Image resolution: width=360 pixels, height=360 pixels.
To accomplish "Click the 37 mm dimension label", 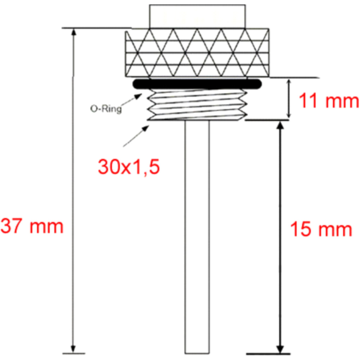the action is coord(32,226).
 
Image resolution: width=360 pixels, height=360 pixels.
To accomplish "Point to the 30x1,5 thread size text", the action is coord(129,167).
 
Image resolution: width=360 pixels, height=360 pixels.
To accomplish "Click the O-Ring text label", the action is coord(106,109).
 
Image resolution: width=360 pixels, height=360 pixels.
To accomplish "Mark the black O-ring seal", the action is coord(197,84).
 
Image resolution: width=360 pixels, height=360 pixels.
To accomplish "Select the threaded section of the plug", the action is coord(197,105).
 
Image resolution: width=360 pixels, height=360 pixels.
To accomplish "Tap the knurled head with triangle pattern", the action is coord(197,53).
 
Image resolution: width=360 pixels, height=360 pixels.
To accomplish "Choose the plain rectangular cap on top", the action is coord(197,16).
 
